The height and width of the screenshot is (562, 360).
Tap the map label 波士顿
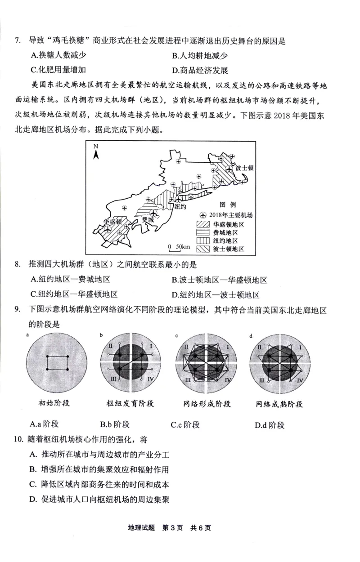244,167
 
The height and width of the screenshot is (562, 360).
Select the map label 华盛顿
112,222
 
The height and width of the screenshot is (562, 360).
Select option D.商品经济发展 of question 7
200,70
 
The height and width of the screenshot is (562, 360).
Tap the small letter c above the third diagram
177,335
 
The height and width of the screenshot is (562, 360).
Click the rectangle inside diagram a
58,362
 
